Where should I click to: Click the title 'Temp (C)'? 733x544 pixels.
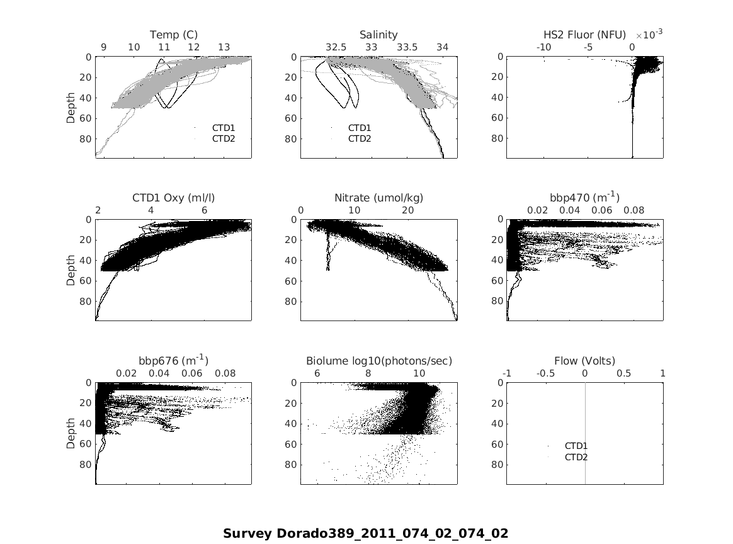[x=173, y=35]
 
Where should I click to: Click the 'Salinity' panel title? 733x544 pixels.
[x=378, y=35]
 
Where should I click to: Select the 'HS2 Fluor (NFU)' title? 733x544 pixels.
[x=584, y=35]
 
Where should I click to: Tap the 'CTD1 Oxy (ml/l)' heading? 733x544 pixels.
[x=173, y=198]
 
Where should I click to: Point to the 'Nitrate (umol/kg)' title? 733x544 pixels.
[x=378, y=198]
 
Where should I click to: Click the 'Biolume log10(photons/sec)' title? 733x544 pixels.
[x=379, y=361]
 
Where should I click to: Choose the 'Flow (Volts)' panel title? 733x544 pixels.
[x=584, y=361]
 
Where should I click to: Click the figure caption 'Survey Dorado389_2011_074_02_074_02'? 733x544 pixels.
[x=365, y=533]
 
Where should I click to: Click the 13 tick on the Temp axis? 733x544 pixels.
[x=224, y=47]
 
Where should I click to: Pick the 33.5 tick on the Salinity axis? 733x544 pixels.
[x=407, y=47]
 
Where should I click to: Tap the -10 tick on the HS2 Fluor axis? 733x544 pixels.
[x=543, y=47]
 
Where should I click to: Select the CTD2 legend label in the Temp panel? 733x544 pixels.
[x=224, y=139]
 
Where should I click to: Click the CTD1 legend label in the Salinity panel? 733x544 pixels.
[x=360, y=128]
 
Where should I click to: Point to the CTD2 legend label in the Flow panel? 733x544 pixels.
[x=576, y=457]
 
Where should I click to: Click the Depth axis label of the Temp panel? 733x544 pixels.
[x=71, y=107]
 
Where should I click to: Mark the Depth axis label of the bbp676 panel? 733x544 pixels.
[x=71, y=433]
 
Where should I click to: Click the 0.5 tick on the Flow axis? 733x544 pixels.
[x=623, y=373]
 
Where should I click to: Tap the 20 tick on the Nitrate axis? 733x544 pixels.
[x=407, y=210]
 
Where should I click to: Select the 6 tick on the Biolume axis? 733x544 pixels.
[x=317, y=373]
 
